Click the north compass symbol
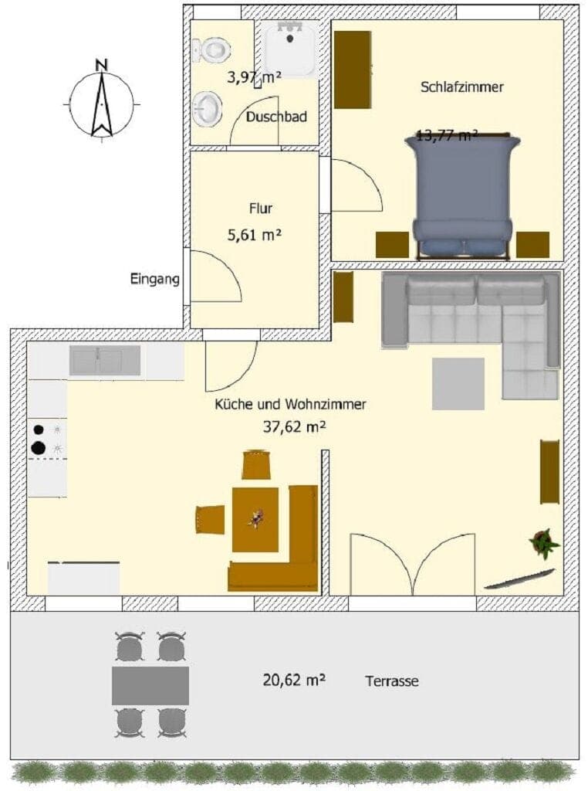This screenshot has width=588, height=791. (x=101, y=100)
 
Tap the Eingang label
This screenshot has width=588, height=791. (x=155, y=279)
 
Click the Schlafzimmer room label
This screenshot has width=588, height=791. (x=462, y=87)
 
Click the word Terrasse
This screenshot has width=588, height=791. (x=392, y=681)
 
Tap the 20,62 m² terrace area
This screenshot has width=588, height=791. (x=294, y=680)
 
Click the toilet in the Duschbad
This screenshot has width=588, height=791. (x=212, y=51)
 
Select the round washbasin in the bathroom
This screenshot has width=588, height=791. (x=207, y=108)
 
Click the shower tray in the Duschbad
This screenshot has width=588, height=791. (x=289, y=49)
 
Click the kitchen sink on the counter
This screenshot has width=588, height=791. (x=105, y=361)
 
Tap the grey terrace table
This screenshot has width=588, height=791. (x=150, y=685)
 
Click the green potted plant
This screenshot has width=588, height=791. (x=544, y=543)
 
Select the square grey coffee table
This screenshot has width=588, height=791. (x=458, y=383)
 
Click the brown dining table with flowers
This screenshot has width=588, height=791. (x=255, y=519)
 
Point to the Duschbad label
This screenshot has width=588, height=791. (x=277, y=117)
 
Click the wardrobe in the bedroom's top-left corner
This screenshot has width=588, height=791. (x=353, y=70)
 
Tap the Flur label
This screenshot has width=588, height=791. (x=261, y=208)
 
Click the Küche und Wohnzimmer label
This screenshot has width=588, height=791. (x=290, y=404)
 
